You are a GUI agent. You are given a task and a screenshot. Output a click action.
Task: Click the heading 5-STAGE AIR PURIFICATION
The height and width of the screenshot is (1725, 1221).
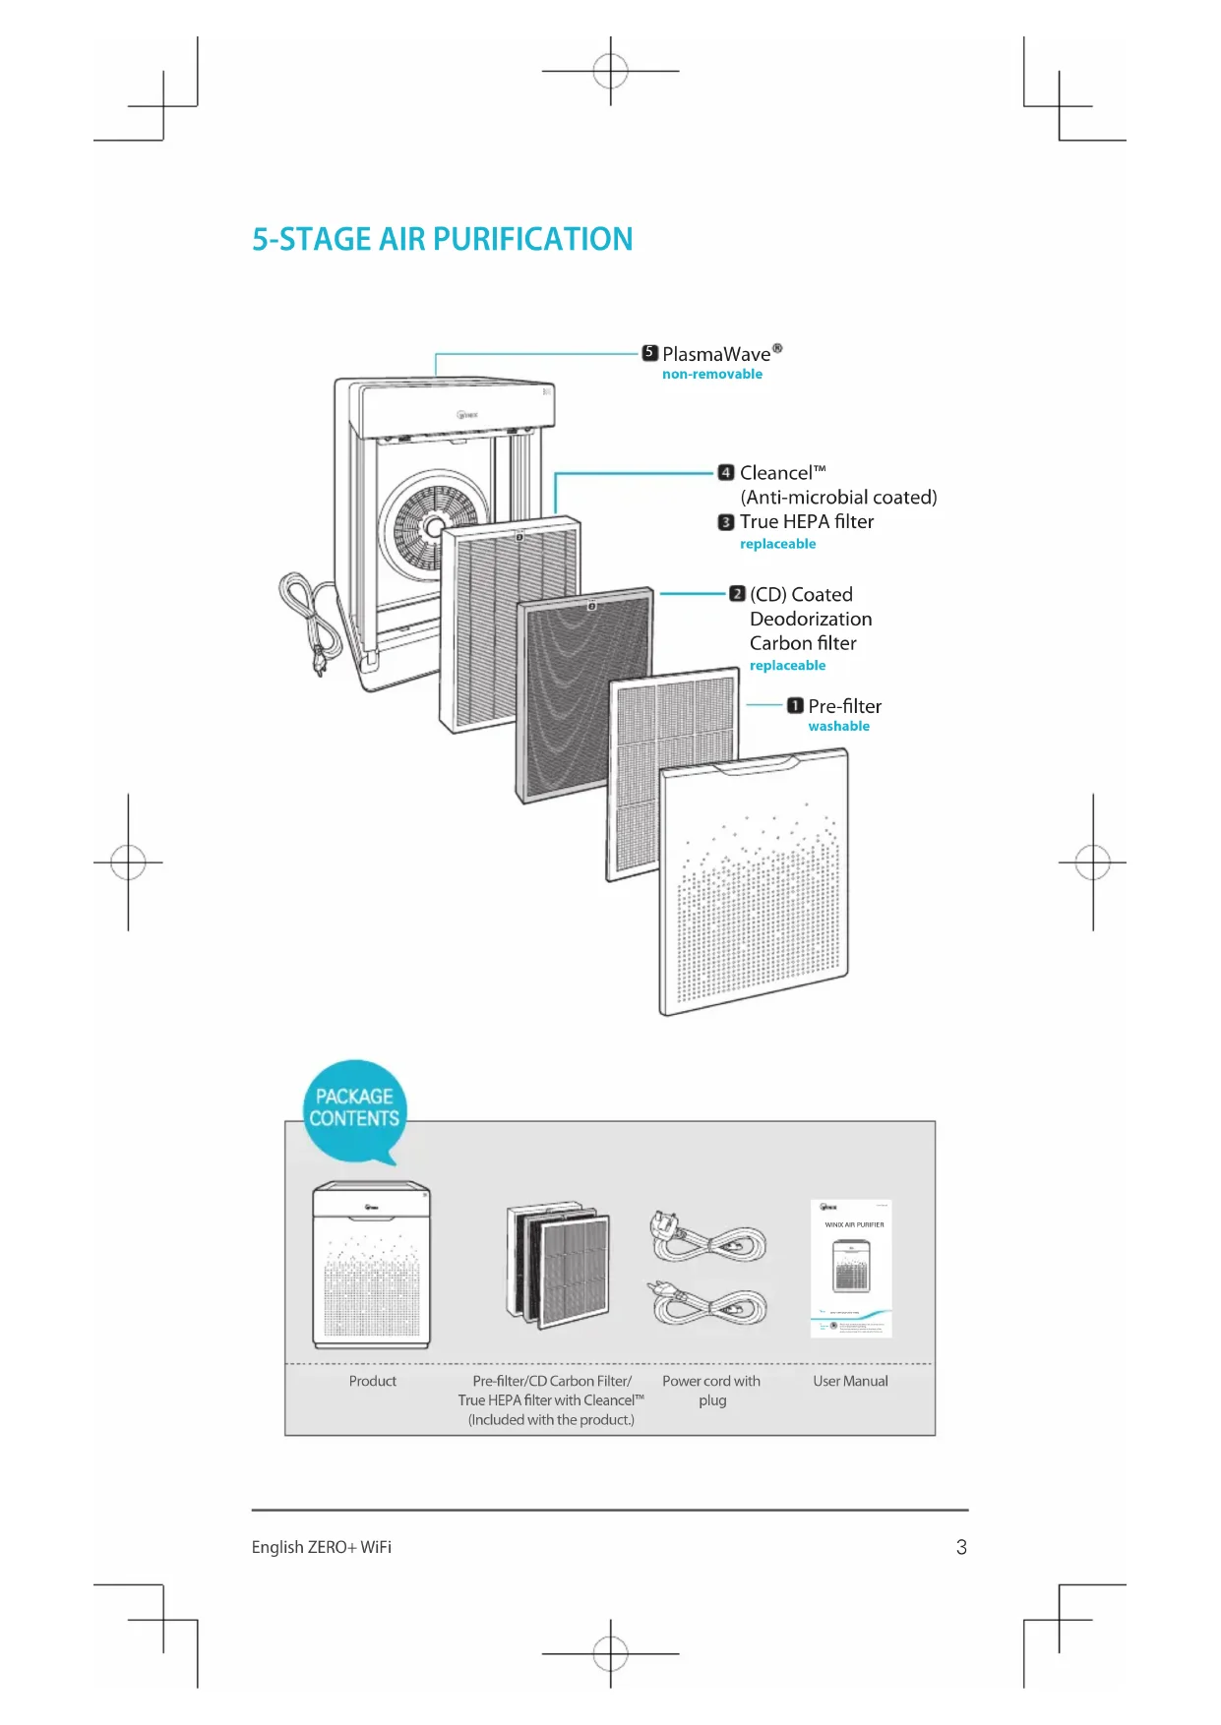tap(442, 239)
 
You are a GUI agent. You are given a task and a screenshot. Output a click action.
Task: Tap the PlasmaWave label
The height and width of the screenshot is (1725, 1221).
tap(716, 354)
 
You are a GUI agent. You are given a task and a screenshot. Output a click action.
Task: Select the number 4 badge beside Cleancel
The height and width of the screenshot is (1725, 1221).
tap(726, 473)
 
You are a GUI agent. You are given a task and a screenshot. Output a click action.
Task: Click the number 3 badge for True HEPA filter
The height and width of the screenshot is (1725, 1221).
tap(726, 522)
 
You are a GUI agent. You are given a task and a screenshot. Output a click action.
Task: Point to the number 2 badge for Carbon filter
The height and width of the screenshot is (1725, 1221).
tap(737, 594)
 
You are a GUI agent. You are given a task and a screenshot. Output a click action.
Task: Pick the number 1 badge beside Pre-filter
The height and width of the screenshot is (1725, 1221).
tap(795, 706)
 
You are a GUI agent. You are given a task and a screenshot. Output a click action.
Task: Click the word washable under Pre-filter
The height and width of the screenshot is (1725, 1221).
tap(838, 727)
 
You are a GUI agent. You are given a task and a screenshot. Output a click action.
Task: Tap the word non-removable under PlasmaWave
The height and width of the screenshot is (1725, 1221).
tap(711, 375)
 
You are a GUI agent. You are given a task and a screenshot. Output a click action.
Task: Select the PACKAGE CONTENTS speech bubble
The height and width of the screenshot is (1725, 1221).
tap(354, 1109)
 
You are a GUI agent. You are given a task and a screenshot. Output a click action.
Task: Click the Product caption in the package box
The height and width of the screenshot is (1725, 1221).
tap(372, 1382)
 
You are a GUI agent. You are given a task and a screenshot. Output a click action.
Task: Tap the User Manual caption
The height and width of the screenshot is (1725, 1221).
tap(850, 1382)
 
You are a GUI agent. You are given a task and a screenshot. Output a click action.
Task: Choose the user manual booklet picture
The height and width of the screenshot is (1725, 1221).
tap(851, 1269)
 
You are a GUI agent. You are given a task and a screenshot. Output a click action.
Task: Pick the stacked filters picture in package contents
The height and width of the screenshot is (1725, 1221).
tap(558, 1264)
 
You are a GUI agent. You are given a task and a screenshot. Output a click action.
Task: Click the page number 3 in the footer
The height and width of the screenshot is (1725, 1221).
tap(961, 1548)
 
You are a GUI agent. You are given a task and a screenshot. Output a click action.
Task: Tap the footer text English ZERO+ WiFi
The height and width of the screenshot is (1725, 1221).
tap(321, 1548)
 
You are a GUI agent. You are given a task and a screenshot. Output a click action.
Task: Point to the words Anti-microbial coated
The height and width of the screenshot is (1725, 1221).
tap(838, 498)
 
